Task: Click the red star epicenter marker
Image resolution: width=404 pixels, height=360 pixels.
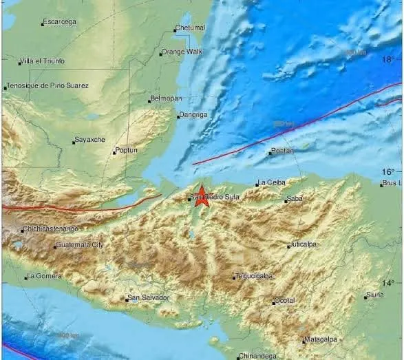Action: click(202, 195)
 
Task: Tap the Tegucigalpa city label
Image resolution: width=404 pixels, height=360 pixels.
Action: click(255, 276)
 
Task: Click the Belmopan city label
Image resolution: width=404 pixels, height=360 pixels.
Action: click(165, 99)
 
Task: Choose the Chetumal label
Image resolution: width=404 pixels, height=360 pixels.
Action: click(191, 28)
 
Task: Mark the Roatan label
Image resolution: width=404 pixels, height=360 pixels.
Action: click(283, 151)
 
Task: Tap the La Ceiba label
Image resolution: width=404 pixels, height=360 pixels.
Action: click(270, 182)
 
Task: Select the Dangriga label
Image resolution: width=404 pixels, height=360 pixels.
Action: click(193, 115)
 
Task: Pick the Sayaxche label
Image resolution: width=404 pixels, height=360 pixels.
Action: click(90, 140)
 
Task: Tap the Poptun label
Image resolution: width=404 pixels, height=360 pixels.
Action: click(127, 150)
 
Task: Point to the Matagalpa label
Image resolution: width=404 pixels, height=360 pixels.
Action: click(321, 339)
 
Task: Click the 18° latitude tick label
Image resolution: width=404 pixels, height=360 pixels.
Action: click(389, 61)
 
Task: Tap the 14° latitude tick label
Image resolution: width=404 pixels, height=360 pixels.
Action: click(389, 283)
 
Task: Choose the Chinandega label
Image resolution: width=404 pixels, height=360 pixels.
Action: click(258, 356)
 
